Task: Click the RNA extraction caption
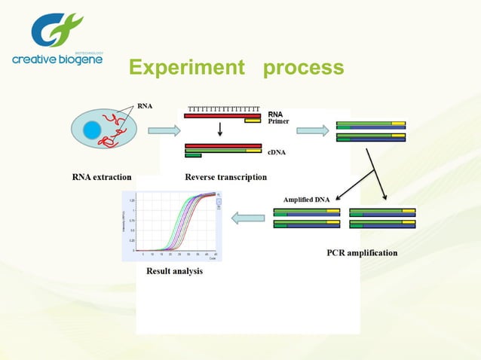(101, 177)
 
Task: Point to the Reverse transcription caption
(225, 177)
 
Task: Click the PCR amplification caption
(361, 252)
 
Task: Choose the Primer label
(278, 121)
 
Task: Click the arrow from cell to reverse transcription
(164, 131)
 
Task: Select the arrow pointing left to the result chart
(247, 218)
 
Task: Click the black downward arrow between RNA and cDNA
(220, 130)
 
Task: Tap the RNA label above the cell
(144, 105)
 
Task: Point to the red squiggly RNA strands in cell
(114, 130)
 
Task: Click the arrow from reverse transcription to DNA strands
(313, 131)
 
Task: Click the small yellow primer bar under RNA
(252, 121)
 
